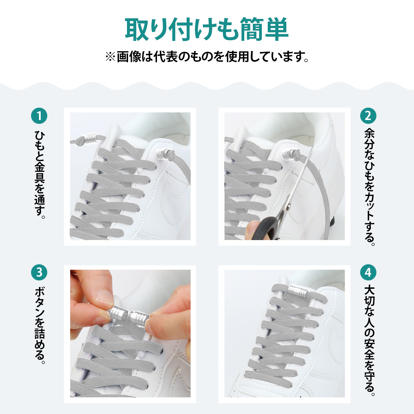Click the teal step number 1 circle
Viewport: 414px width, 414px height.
point(39,116)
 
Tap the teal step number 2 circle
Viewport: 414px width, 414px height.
point(368,116)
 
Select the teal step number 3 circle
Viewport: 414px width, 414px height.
point(39,273)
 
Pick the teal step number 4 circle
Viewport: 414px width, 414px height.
point(368,273)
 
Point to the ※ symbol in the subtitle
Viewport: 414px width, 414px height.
point(110,57)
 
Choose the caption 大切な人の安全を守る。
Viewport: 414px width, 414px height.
point(369,341)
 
